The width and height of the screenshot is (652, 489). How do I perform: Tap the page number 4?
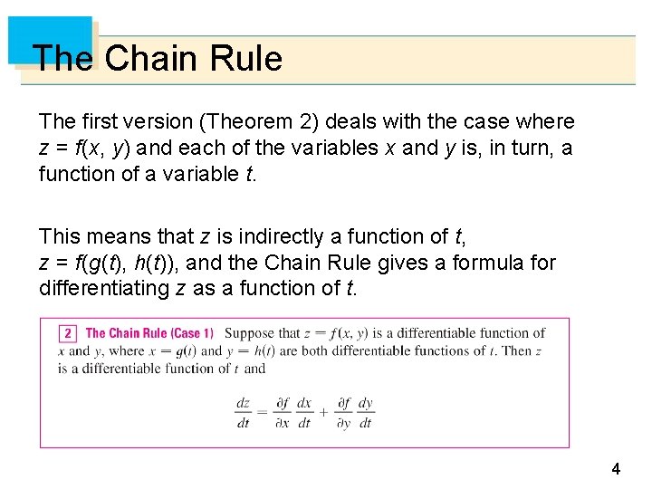click(616, 469)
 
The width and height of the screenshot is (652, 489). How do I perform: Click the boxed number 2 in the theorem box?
click(66, 334)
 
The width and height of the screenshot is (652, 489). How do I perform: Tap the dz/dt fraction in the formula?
click(243, 413)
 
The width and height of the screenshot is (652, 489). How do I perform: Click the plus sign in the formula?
click(322, 413)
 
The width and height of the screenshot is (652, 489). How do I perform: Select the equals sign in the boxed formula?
click(262, 413)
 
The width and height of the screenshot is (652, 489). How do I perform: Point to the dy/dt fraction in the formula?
click(365, 413)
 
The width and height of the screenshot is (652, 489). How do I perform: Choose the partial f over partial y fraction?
click(344, 413)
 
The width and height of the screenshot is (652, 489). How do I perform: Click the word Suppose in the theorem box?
click(249, 334)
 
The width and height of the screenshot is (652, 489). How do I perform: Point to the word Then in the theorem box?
click(517, 351)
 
